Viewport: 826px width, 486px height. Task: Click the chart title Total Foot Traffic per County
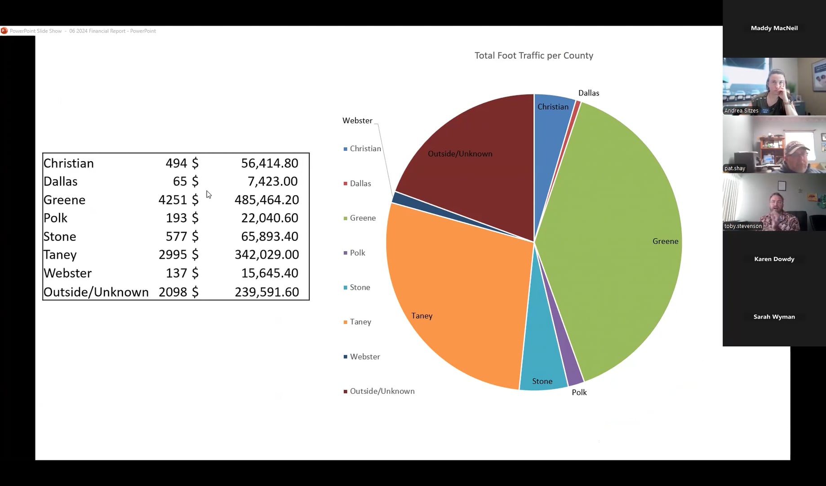point(534,55)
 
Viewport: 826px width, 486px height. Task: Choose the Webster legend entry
point(364,357)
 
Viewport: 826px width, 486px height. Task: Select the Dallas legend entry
point(360,184)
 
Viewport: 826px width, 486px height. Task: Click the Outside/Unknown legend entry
point(382,391)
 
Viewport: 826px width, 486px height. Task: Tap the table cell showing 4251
point(172,200)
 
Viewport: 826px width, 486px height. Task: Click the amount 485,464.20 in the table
point(266,200)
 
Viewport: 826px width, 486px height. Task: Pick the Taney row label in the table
point(60,255)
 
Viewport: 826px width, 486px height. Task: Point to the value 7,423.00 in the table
point(272,181)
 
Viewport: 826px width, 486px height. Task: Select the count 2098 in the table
point(173,292)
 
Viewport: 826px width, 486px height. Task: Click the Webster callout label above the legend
point(357,121)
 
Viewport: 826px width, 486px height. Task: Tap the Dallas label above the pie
point(588,93)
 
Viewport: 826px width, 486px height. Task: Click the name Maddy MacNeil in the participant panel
point(774,28)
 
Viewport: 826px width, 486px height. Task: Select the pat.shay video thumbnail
point(774,145)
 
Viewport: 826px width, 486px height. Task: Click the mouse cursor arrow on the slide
point(209,194)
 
